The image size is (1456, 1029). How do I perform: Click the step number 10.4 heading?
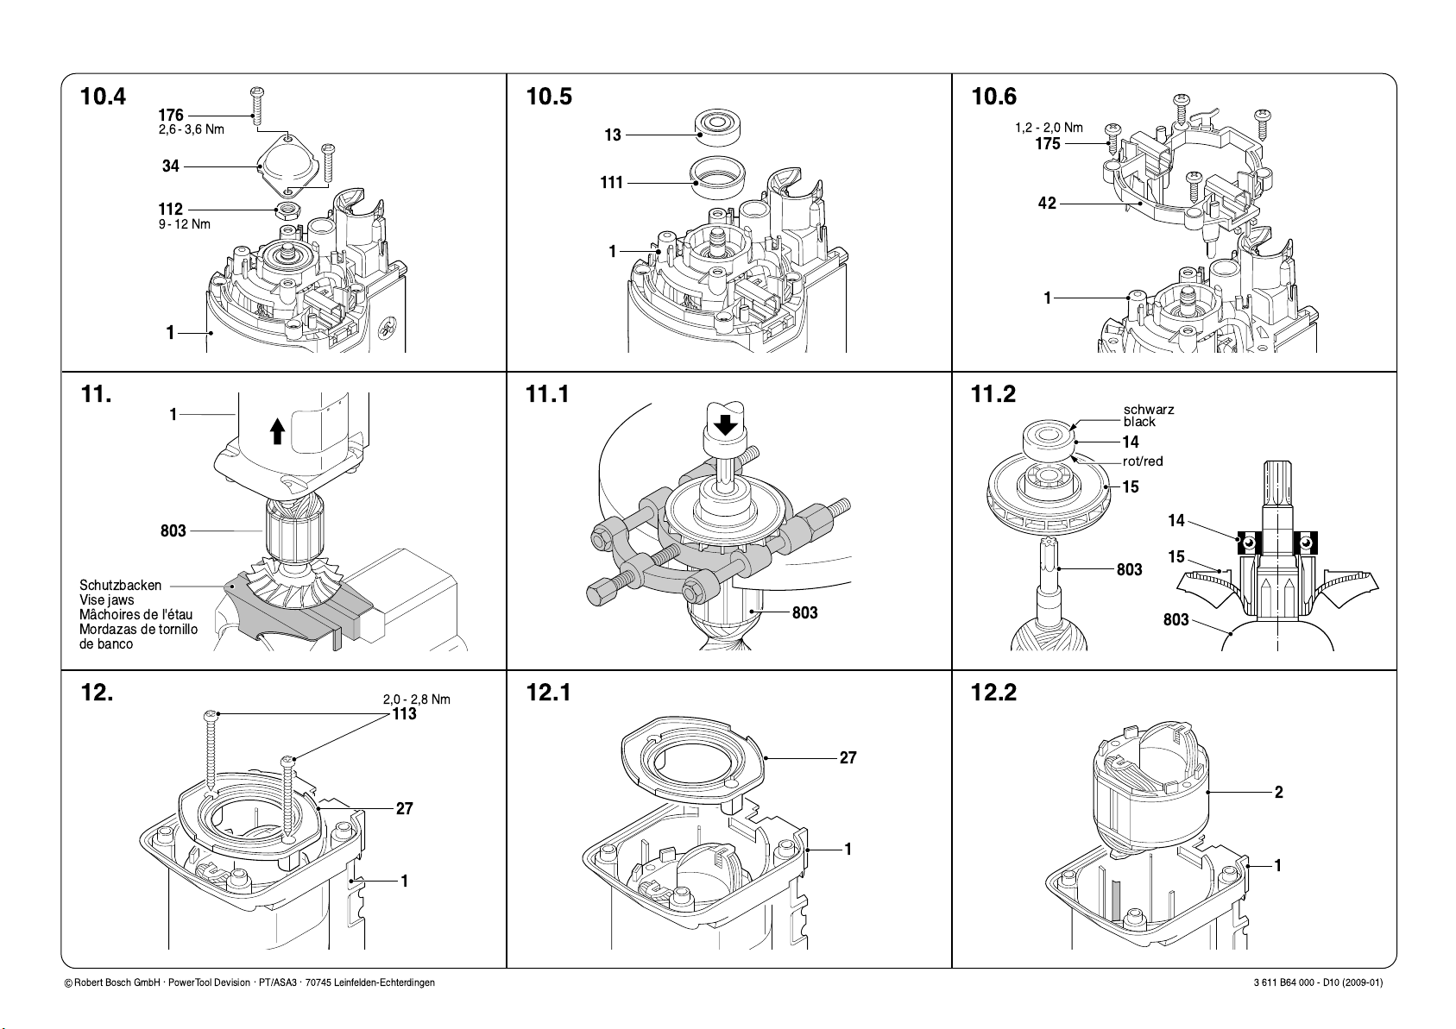point(103,97)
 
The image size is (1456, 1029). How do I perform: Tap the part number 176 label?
point(171,115)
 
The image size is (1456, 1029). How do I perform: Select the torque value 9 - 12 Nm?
point(185,224)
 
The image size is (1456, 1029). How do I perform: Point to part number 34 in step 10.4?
point(170,166)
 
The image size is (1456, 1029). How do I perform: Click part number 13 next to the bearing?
point(613,135)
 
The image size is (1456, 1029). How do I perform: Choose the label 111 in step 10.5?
point(612,183)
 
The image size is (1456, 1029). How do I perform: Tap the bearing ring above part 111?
point(718,128)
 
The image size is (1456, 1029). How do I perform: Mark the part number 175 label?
point(1048,143)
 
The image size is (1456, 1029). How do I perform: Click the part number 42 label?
point(1047,204)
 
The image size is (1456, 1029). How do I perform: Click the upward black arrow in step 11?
point(278,431)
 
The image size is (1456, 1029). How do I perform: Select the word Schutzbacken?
point(120,585)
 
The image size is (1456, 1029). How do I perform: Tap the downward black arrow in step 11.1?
point(725,426)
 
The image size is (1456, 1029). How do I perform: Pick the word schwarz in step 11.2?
point(1149,409)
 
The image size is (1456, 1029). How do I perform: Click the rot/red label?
point(1143,461)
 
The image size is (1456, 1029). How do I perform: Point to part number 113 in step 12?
point(404,714)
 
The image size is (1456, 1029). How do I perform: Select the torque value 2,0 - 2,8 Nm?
point(417,699)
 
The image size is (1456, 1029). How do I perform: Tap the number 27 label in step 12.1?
point(848,757)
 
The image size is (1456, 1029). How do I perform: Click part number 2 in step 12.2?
point(1278,792)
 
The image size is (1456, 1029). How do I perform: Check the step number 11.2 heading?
point(993,394)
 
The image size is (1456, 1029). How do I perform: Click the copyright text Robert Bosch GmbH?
point(117,983)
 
